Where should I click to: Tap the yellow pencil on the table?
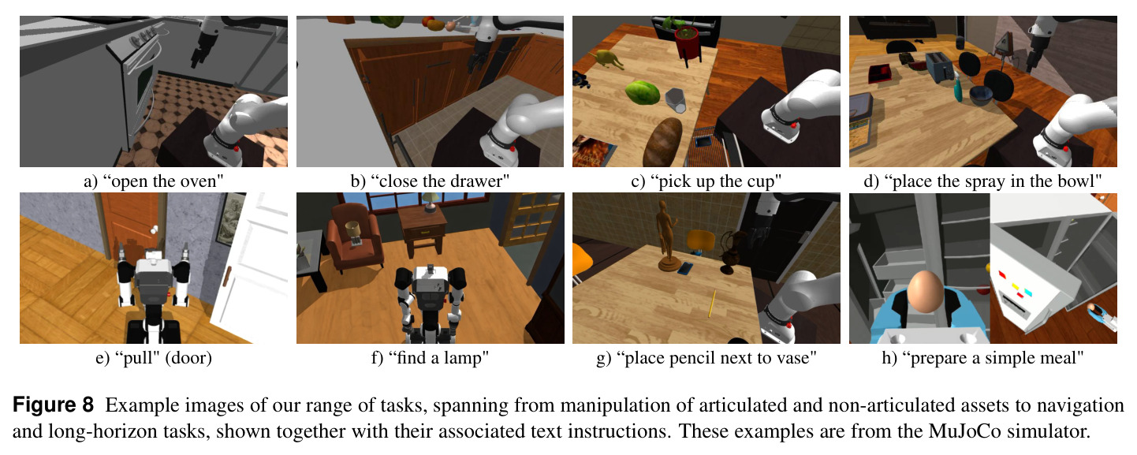713,304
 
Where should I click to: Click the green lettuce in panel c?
643,92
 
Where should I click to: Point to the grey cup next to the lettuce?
676,100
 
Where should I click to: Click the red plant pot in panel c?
688,44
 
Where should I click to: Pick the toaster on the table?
940,66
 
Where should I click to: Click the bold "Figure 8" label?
54,405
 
